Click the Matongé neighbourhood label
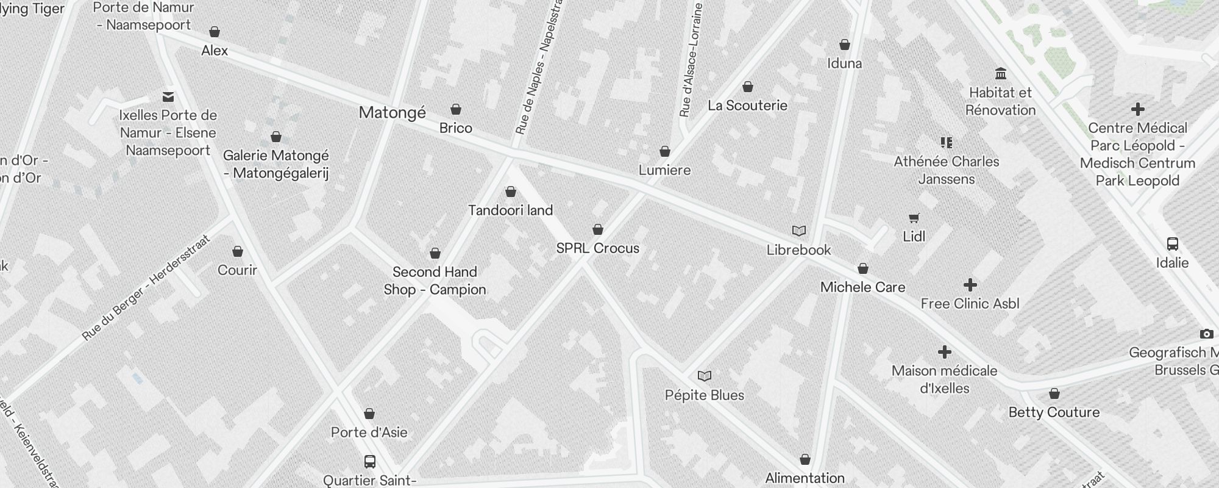[x=392, y=113]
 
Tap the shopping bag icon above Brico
[x=456, y=110]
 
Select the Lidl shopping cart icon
[x=914, y=218]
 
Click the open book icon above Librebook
[x=799, y=231]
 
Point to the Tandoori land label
[x=510, y=210]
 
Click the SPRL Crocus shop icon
[x=598, y=229]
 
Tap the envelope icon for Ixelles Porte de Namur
[x=168, y=96]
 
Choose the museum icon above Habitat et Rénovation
[x=1000, y=74]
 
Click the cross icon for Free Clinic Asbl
[x=970, y=285]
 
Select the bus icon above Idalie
[x=1172, y=244]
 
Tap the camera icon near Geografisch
[x=1206, y=334]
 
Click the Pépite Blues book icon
[x=705, y=376]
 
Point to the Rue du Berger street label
[x=146, y=287]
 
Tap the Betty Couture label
[x=1054, y=412]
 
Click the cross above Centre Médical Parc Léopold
[x=1137, y=110]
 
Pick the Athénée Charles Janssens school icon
[x=946, y=143]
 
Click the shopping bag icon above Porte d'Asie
[x=369, y=414]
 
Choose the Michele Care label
[x=862, y=287]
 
